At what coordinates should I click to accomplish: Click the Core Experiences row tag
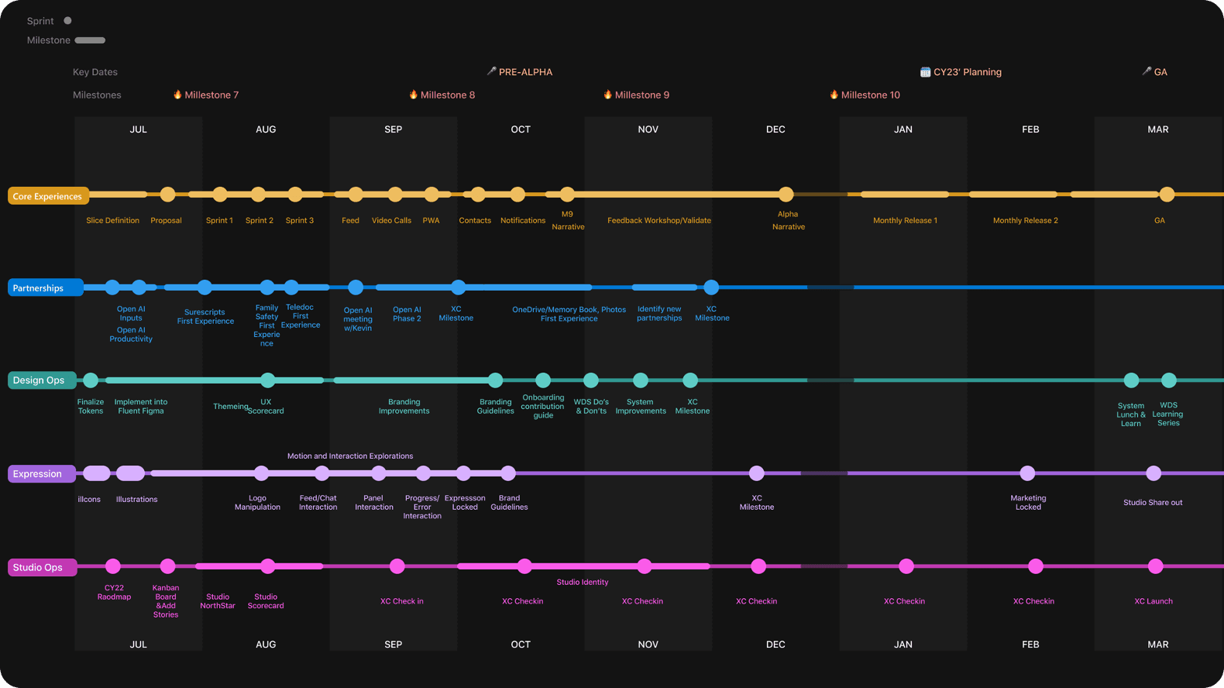click(47, 196)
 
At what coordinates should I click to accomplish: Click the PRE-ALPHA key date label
click(524, 72)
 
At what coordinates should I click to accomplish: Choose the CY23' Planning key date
click(966, 72)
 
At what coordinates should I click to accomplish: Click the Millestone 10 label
click(869, 95)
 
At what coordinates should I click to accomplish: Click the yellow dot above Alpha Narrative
click(786, 194)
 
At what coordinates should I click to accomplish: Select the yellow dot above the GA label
click(1167, 194)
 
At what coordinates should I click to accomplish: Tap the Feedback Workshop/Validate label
click(658, 221)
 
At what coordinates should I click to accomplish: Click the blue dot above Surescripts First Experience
click(205, 287)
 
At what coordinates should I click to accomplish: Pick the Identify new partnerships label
click(659, 314)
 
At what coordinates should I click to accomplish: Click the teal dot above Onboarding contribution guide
click(543, 380)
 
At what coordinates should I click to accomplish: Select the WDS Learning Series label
click(1167, 415)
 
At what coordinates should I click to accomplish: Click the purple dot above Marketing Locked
click(1027, 473)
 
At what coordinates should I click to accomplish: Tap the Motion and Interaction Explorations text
click(350, 456)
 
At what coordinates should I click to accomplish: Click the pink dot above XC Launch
click(1155, 566)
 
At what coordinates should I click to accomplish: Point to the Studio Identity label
click(582, 582)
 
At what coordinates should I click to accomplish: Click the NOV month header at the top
click(648, 129)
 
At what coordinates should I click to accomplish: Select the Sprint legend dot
click(67, 21)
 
